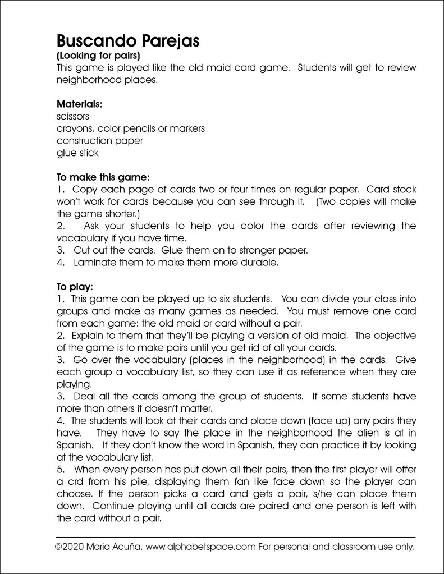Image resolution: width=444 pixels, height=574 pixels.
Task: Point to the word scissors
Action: click(73, 116)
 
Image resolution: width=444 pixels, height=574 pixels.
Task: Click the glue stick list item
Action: click(77, 153)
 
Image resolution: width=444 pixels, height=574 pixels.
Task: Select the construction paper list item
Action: click(99, 140)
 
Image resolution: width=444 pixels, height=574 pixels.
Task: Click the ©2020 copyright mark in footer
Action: click(70, 547)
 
